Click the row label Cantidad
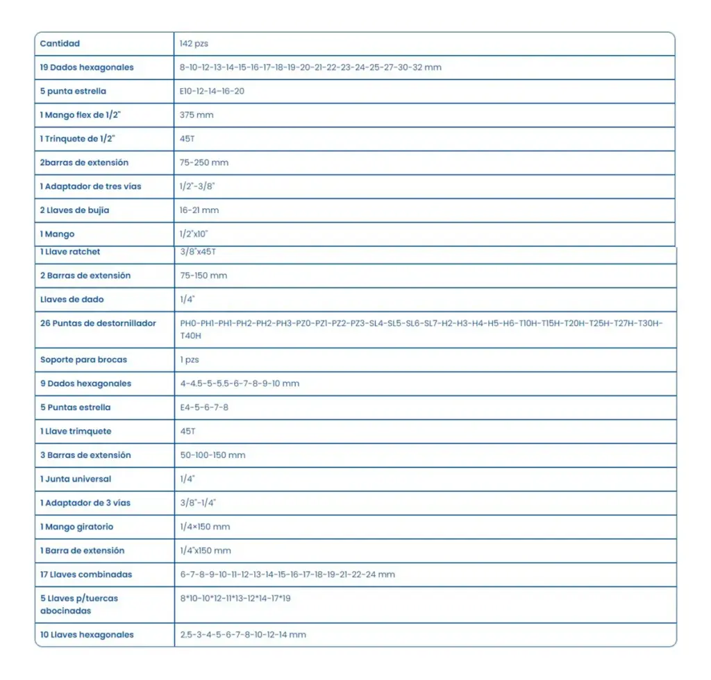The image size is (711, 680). point(60,44)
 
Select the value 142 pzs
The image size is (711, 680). point(194,44)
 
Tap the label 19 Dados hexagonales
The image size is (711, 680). point(87,67)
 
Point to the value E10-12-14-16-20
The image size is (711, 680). point(212,92)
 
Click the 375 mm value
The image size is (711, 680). point(196,115)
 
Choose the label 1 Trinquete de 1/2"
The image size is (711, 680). point(77,139)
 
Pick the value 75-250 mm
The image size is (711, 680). point(204,162)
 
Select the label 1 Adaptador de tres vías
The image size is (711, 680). point(90,187)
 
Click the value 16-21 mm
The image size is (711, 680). point(199,210)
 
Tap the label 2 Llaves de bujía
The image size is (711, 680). point(74,210)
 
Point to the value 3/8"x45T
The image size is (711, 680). point(198,252)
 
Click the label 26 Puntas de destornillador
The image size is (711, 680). point(98,323)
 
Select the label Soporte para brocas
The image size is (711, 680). point(83,359)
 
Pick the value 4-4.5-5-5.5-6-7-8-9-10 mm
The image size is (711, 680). point(240,384)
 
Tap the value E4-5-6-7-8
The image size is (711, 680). point(204,407)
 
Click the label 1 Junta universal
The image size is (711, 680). point(76,479)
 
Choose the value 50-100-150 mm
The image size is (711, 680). point(212,455)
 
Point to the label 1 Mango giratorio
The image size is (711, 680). point(76,527)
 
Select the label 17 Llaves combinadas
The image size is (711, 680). point(86,575)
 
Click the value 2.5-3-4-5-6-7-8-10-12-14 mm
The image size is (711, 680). point(243,635)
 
